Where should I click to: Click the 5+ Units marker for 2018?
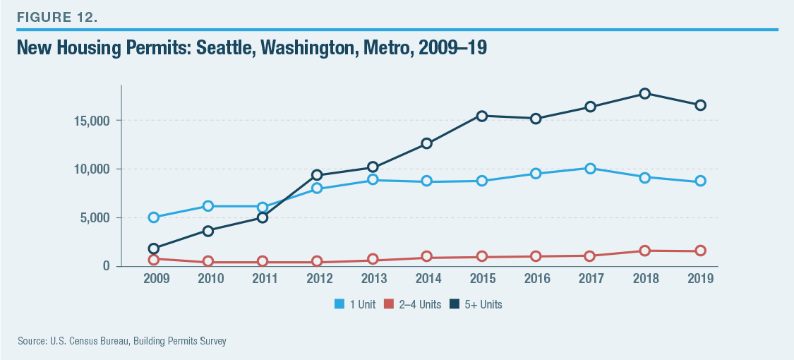pyautogui.click(x=645, y=93)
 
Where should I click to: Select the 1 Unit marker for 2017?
pyautogui.click(x=590, y=168)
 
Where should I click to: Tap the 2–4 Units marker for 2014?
pyautogui.click(x=426, y=257)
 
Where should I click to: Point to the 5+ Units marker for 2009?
pyautogui.click(x=153, y=248)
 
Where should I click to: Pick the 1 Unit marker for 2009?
pyautogui.click(x=153, y=217)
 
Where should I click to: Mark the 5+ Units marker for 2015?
pyautogui.click(x=481, y=116)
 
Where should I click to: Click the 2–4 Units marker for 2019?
pyautogui.click(x=699, y=251)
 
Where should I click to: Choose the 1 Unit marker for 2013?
pyautogui.click(x=372, y=180)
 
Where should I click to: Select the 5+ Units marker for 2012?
pyautogui.click(x=317, y=175)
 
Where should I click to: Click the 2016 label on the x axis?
pyautogui.click(x=536, y=279)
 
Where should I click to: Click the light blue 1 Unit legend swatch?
pyautogui.click(x=339, y=305)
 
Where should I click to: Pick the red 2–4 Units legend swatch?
pyautogui.click(x=388, y=305)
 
